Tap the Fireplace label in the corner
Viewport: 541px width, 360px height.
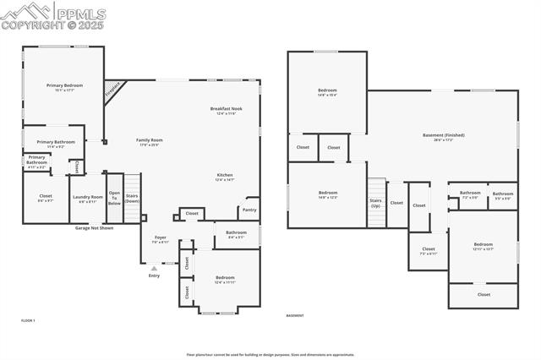(x=112, y=89)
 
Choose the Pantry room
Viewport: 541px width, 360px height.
(x=249, y=210)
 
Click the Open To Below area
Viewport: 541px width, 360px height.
(x=114, y=198)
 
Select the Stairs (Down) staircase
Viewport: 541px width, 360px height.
(x=132, y=198)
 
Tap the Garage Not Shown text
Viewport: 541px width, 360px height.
(x=94, y=228)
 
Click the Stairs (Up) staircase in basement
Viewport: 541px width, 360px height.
(x=375, y=203)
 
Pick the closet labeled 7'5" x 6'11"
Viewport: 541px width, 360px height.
(x=429, y=250)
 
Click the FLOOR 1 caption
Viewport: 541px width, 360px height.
(x=28, y=321)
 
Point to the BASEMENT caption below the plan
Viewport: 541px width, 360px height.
(x=295, y=316)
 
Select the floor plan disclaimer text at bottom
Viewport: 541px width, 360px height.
(x=270, y=355)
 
